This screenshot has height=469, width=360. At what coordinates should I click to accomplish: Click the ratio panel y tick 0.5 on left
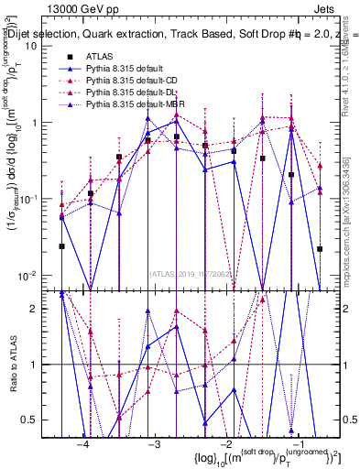pyautogui.click(x=39, y=420)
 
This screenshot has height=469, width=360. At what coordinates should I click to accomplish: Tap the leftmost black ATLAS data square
pyautogui.click(x=61, y=245)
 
